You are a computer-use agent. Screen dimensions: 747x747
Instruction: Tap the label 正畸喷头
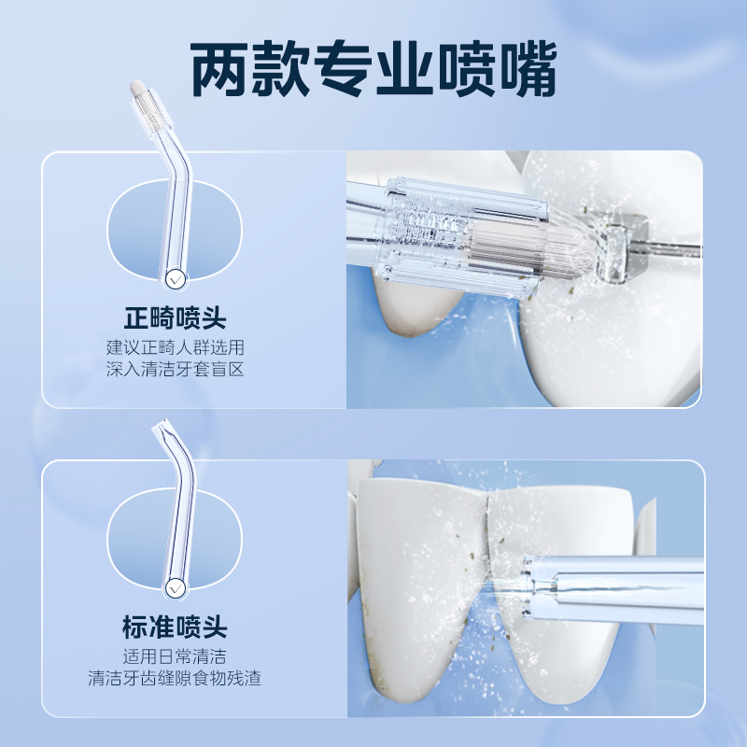176,318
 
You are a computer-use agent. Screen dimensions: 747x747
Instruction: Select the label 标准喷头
176,627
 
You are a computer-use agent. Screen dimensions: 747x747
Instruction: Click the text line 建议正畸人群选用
176,347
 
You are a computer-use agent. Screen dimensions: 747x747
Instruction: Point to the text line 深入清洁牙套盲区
176,370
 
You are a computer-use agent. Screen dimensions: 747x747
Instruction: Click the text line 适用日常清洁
176,655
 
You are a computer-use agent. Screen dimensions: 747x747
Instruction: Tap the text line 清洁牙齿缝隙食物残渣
176,678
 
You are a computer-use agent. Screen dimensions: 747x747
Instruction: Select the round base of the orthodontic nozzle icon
175,278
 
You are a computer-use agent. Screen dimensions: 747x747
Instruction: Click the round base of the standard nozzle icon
175,588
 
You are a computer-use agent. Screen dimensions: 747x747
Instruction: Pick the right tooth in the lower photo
560,635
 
